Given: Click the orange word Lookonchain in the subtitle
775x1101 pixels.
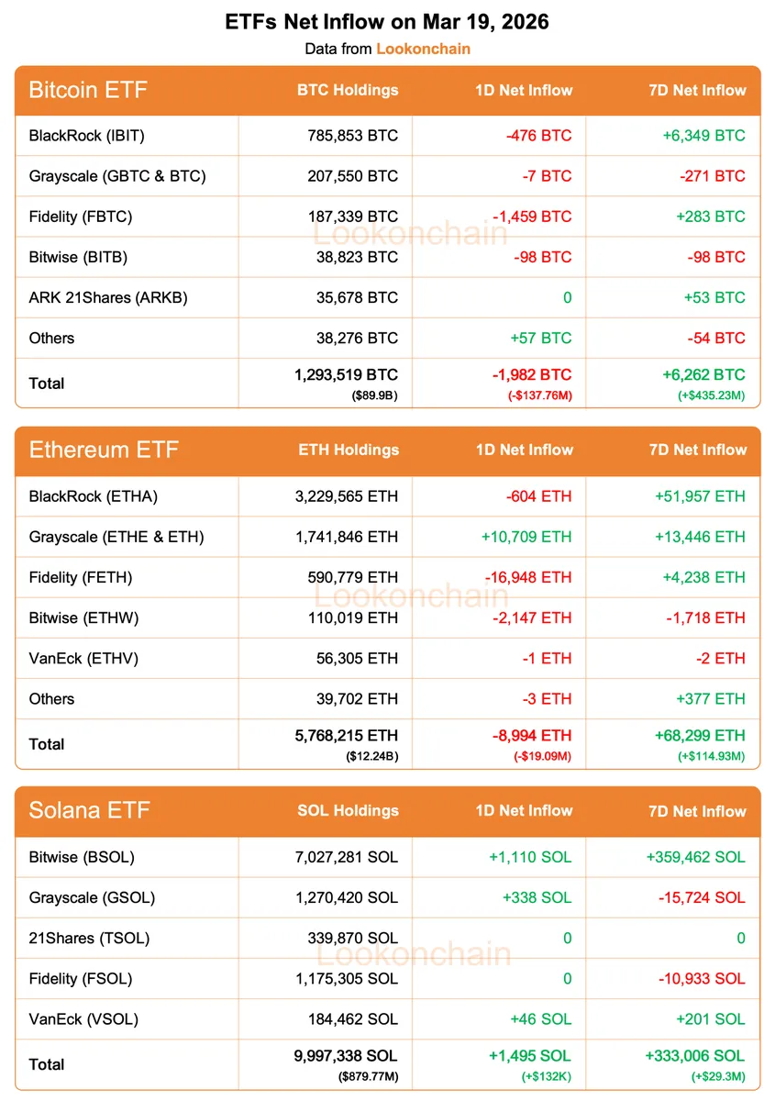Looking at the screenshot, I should [x=423, y=49].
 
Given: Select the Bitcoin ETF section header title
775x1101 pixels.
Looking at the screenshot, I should [x=88, y=90].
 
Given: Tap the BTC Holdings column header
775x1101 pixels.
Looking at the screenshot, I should [x=348, y=90].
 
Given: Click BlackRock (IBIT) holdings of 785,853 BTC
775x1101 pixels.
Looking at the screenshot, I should [x=353, y=136].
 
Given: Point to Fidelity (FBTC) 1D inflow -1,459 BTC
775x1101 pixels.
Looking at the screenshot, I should [x=531, y=217].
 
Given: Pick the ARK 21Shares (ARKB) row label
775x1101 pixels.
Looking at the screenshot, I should [x=108, y=297].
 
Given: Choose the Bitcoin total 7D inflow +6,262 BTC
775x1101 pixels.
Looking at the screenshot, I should [x=703, y=374].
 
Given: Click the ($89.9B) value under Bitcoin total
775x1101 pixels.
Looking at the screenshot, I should [x=374, y=395].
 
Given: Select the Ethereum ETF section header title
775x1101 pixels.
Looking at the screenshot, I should [x=104, y=450].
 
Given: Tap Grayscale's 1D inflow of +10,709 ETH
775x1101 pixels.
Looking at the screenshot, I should [x=526, y=537].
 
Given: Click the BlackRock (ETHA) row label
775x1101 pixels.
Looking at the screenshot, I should [x=94, y=496].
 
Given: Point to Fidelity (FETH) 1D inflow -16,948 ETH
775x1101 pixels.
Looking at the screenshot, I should [x=526, y=577].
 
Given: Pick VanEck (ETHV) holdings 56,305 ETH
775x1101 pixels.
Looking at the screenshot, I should [x=353, y=658].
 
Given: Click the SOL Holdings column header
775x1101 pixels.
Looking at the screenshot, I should [x=348, y=810].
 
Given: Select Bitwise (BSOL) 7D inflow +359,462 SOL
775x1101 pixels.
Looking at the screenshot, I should [x=696, y=857].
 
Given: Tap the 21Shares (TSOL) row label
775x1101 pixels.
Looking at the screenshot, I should [x=89, y=938].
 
